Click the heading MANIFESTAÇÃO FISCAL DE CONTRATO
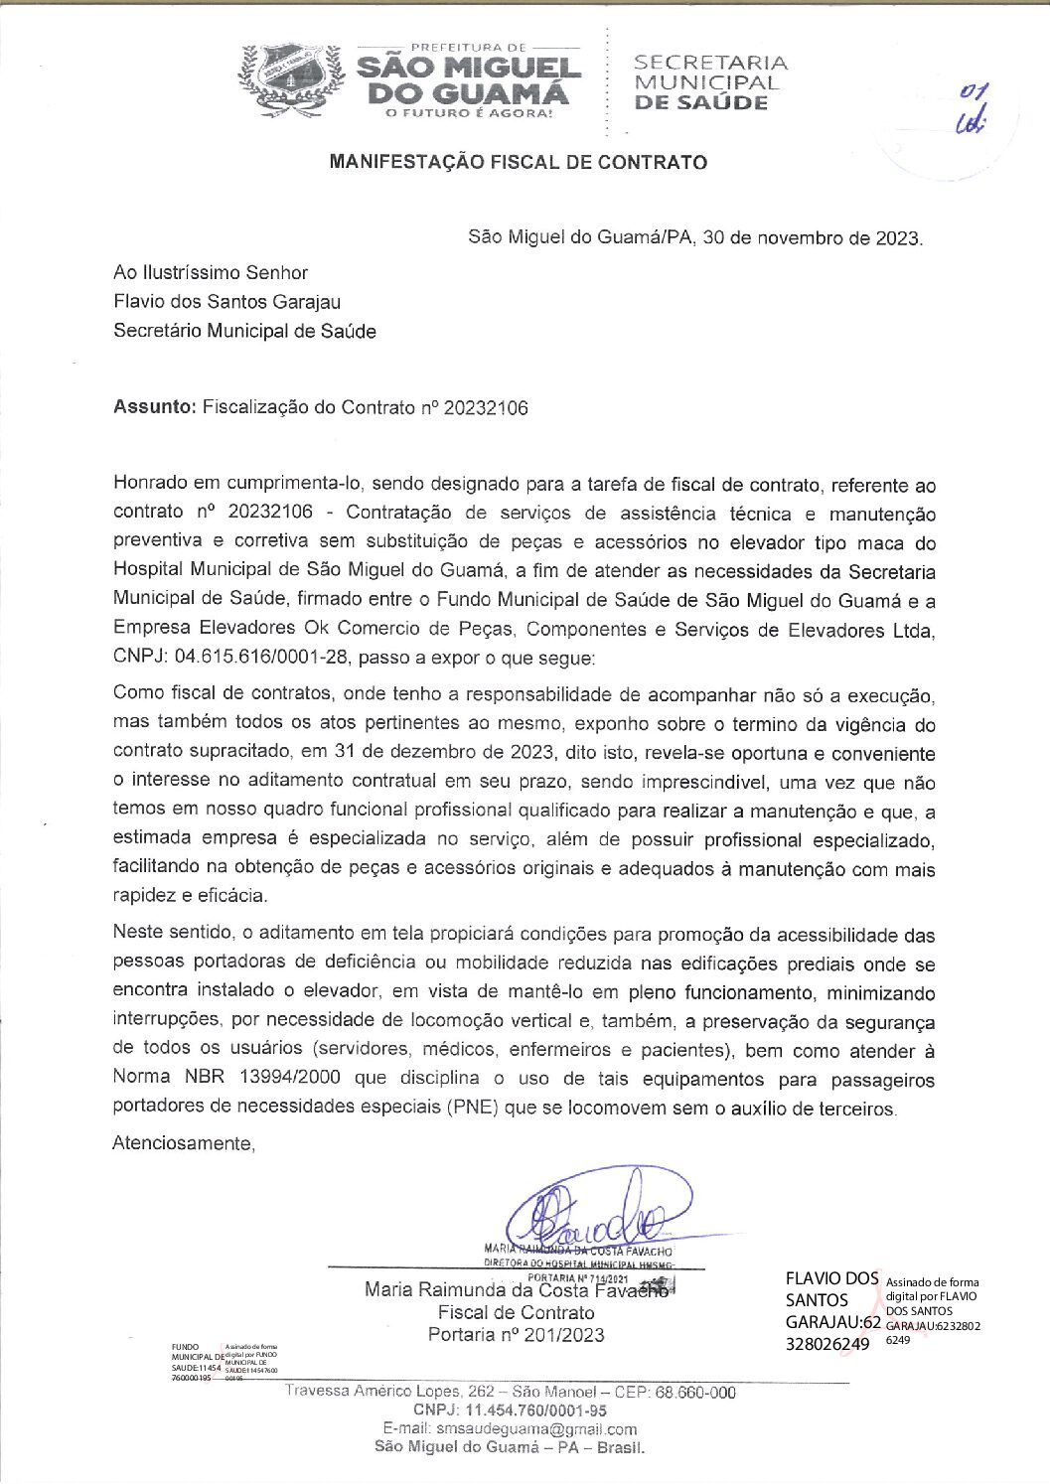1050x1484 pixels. coord(518,162)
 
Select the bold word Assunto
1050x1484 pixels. coord(154,407)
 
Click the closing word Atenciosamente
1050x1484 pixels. coord(184,1143)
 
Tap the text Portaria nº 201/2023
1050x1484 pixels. coord(516,1335)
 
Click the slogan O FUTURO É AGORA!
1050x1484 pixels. coord(468,113)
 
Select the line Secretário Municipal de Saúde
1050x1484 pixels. coord(244,332)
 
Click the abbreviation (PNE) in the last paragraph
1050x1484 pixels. coord(472,1109)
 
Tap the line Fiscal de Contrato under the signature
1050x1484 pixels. coord(516,1312)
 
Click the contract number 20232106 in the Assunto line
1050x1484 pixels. coord(486,407)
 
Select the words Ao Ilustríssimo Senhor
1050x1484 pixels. coord(211,272)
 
